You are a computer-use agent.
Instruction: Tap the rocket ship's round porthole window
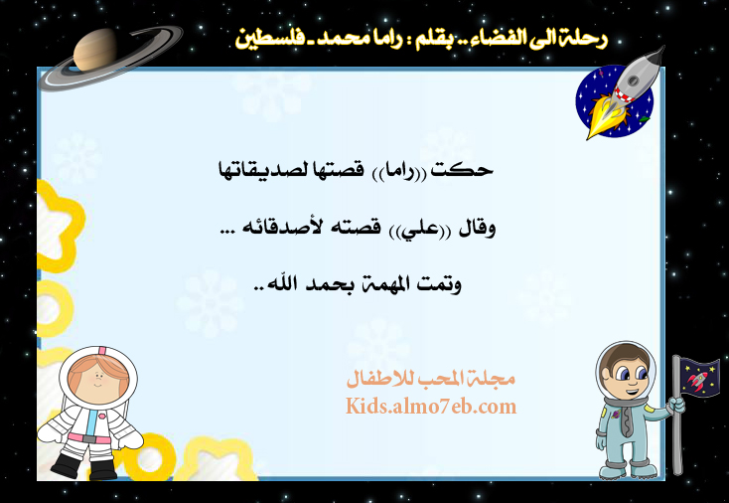tap(633, 81)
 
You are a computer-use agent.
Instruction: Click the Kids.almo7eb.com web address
tap(430, 407)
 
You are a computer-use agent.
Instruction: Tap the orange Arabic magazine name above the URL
tap(430, 379)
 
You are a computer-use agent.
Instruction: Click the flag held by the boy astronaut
tap(699, 377)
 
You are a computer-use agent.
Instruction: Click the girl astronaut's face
tap(97, 379)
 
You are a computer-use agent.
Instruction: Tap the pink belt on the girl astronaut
tap(89, 437)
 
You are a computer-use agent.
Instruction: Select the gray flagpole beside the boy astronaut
tap(677, 416)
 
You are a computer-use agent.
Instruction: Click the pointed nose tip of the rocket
tap(663, 48)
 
